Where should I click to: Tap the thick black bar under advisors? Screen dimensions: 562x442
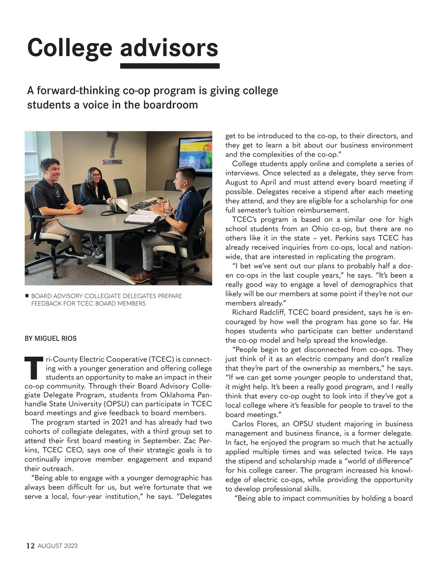(x=170, y=66)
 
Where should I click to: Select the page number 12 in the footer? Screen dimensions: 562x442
(x=30, y=545)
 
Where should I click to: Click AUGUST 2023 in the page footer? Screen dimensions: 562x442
(x=58, y=546)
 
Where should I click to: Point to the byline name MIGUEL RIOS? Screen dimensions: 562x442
(x=56, y=338)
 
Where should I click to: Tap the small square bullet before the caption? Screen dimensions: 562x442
(x=27, y=296)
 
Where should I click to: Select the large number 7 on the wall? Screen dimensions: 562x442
(x=112, y=147)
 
